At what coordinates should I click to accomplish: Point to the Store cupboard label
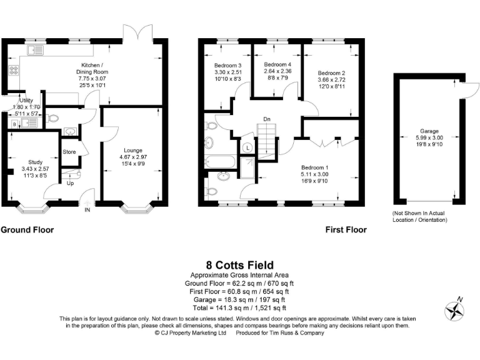tap(69, 152)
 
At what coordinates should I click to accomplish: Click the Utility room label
tap(26, 100)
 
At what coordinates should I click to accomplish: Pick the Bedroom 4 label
tap(277, 65)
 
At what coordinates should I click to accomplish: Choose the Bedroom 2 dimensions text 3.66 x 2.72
tap(331, 81)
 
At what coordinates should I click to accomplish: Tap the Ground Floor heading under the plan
tap(27, 229)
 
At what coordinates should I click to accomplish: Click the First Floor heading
tap(346, 229)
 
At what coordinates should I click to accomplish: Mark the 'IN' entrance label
tap(87, 210)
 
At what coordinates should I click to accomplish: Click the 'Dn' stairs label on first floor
tap(266, 118)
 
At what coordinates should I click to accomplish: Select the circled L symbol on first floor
tap(247, 147)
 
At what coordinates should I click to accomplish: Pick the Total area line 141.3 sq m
tap(239, 307)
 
